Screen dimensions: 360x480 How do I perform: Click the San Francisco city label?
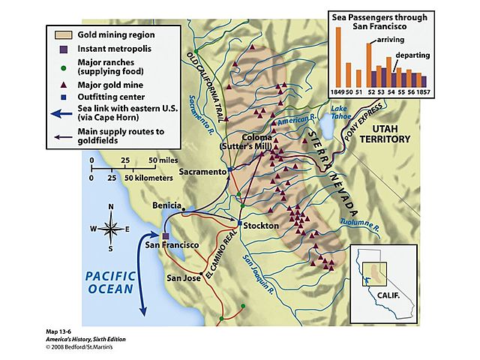(x=172, y=245)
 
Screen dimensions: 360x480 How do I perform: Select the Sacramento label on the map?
(x=202, y=172)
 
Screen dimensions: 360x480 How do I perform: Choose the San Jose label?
(x=183, y=278)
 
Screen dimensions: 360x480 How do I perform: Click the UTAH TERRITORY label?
(x=412, y=133)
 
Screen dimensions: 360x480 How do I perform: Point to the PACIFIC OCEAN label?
(x=109, y=281)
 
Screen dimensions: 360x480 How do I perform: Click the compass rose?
(x=110, y=228)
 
